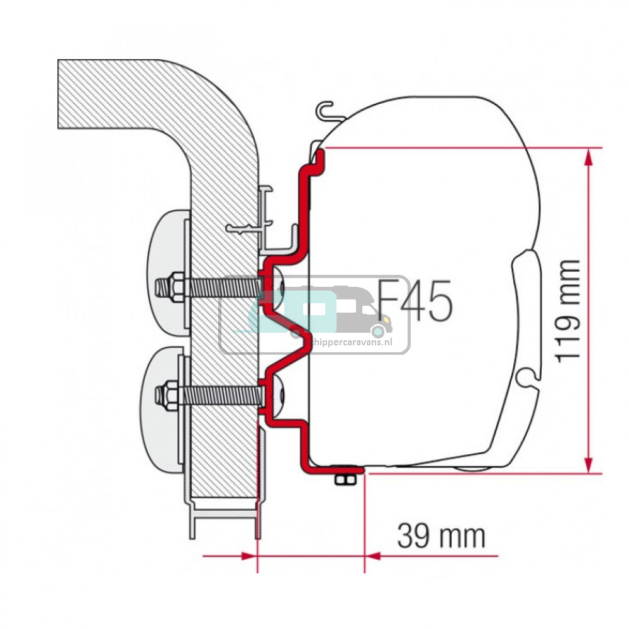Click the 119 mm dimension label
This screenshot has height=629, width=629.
click(x=568, y=310)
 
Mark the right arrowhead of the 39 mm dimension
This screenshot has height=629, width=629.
click(x=372, y=555)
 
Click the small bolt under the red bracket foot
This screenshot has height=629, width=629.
click(x=343, y=480)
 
